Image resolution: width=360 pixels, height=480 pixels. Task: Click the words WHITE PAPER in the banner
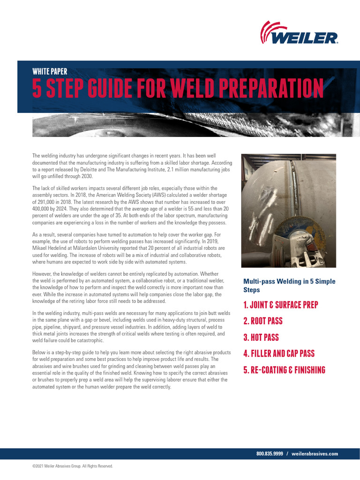coord(50,72)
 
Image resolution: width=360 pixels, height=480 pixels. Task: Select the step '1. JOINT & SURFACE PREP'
coord(280,305)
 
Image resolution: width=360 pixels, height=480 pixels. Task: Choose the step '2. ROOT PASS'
coord(262,322)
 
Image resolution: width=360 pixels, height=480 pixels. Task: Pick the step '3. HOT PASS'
coord(261,337)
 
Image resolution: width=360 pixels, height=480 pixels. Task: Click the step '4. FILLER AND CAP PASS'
coord(278,354)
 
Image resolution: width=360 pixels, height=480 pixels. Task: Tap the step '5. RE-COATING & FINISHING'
coord(284,370)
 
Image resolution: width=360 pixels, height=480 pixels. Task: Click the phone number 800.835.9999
coord(270,454)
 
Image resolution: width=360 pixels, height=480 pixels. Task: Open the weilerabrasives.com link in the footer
coord(315,454)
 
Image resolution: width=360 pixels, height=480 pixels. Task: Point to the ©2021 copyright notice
coord(72,466)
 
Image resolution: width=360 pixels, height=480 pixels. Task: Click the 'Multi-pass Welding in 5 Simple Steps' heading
coord(289,285)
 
